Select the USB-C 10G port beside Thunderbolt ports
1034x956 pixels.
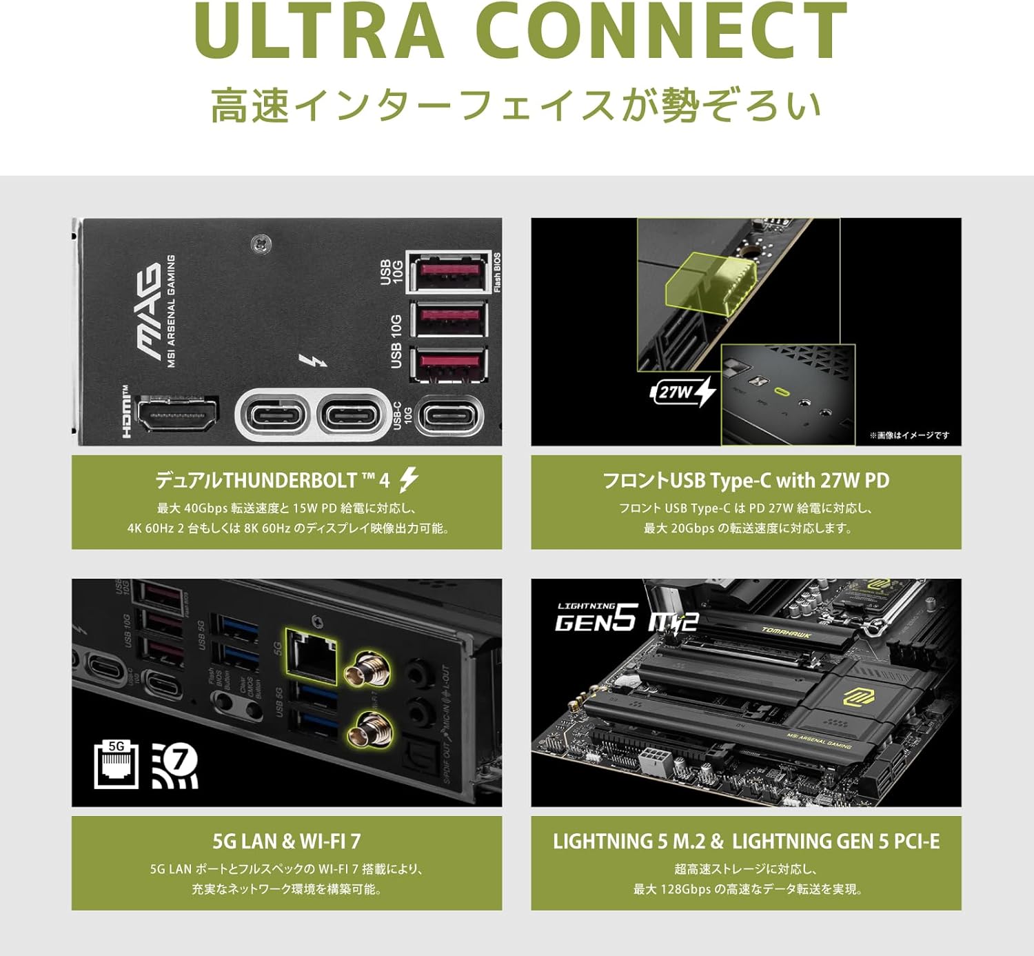(450, 417)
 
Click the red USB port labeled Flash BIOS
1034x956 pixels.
(449, 271)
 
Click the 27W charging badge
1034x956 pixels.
(682, 392)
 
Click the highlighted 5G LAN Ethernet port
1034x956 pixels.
(312, 657)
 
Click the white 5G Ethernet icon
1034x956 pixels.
(116, 764)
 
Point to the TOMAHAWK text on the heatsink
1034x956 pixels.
(787, 633)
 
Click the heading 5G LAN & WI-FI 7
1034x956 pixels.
(286, 842)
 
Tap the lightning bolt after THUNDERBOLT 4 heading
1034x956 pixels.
(409, 479)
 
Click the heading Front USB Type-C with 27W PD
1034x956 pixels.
(746, 480)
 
